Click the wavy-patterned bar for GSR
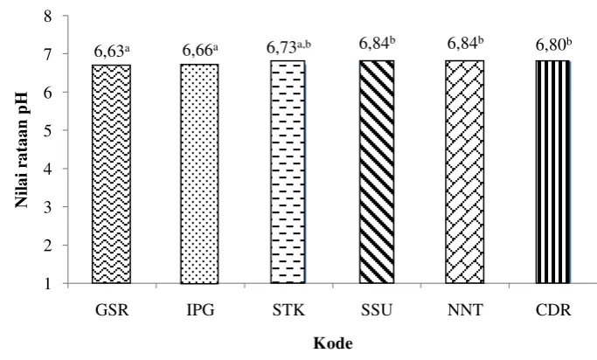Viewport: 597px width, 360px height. [x=111, y=174]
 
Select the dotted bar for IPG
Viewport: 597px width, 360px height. [x=199, y=174]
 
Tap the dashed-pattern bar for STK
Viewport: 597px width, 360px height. [x=288, y=171]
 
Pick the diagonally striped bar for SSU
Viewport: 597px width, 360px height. [x=377, y=171]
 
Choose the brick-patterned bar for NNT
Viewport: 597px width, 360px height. [x=465, y=171]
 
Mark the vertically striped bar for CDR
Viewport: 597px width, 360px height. [x=553, y=171]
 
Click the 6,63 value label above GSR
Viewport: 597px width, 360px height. [x=112, y=51]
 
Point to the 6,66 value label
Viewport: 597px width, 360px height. [x=201, y=50]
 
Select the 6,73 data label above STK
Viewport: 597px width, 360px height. [x=288, y=47]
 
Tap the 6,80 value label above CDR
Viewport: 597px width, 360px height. [x=553, y=45]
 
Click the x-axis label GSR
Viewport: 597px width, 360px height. [x=112, y=310]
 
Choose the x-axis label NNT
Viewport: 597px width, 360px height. [x=465, y=310]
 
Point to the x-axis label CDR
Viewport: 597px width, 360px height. [x=553, y=310]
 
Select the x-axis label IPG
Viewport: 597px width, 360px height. [x=200, y=310]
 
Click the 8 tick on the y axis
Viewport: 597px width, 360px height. [x=47, y=17]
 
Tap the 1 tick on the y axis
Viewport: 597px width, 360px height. [x=47, y=283]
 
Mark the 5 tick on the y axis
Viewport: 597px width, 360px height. [x=47, y=130]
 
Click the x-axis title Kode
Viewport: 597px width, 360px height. [x=333, y=343]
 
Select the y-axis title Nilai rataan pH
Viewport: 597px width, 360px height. [x=22, y=149]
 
